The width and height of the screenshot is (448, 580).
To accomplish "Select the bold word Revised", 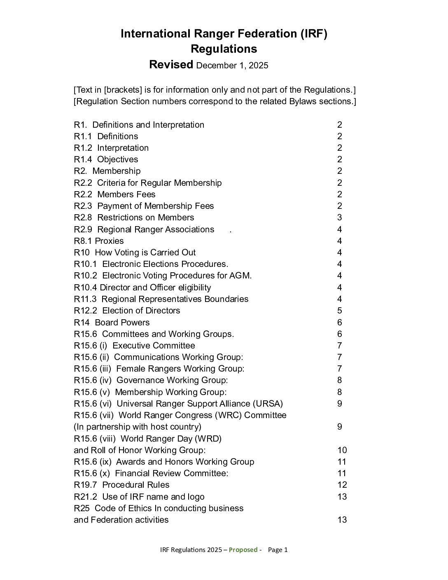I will (171, 65).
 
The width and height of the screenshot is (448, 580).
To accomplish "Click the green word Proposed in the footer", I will (243, 550).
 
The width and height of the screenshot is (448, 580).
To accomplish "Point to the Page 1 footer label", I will (278, 550).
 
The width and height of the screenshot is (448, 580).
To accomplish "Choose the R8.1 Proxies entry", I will (99, 241).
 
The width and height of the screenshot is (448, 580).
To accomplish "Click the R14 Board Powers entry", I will (112, 323).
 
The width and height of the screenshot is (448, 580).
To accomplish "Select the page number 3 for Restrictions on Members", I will (339, 217).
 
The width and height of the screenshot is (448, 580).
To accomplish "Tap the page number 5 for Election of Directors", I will (339, 311).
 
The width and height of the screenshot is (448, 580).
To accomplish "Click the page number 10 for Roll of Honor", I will (342, 450).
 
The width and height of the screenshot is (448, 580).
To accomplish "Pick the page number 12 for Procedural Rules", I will (342, 485).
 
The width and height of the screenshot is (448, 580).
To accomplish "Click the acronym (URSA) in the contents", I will (268, 404).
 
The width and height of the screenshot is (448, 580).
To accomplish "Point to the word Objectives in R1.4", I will (117, 159).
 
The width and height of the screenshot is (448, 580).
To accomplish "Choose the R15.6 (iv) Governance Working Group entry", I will (151, 380).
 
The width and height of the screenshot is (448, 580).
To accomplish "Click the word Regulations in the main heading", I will (224, 49).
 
